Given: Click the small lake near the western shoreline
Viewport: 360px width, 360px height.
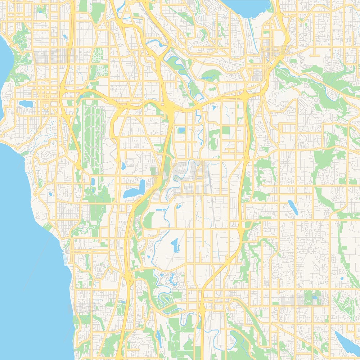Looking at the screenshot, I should point(26,104).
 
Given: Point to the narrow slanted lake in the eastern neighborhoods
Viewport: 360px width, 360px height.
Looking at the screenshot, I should point(292,207).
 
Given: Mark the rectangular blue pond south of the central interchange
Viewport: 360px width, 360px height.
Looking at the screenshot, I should point(181,130).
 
